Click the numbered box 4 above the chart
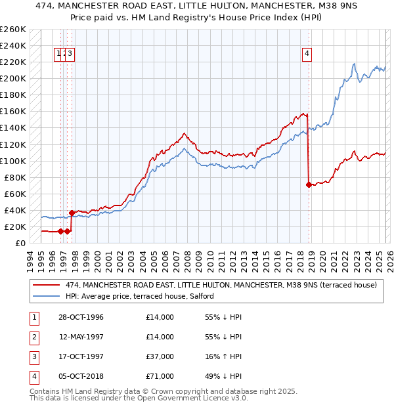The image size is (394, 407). pyautogui.click(x=307, y=54)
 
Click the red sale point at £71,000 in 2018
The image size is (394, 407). pyautogui.click(x=309, y=184)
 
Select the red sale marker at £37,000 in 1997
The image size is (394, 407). pyautogui.click(x=71, y=212)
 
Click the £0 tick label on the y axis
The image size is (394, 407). pyautogui.click(x=20, y=243)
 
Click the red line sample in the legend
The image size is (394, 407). pyautogui.click(x=46, y=285)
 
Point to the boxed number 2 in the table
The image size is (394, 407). pyautogui.click(x=33, y=337)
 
